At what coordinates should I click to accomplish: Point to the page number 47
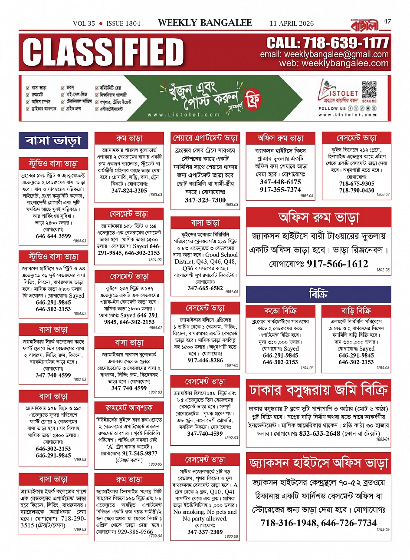[387, 21]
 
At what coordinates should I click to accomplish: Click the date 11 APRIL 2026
[292, 23]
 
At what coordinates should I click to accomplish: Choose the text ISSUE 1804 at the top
[123, 23]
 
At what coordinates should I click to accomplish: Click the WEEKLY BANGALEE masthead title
[205, 23]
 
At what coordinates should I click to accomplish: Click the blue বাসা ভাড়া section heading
[53, 141]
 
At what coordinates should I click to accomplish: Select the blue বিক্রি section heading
[318, 295]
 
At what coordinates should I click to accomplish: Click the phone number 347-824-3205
[129, 191]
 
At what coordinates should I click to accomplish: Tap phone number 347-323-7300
[205, 200]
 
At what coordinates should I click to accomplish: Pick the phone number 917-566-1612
[337, 264]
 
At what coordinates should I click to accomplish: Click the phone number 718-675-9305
[356, 184]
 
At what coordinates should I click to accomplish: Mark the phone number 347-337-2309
[205, 532]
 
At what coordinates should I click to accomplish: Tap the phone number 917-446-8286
[205, 361]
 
